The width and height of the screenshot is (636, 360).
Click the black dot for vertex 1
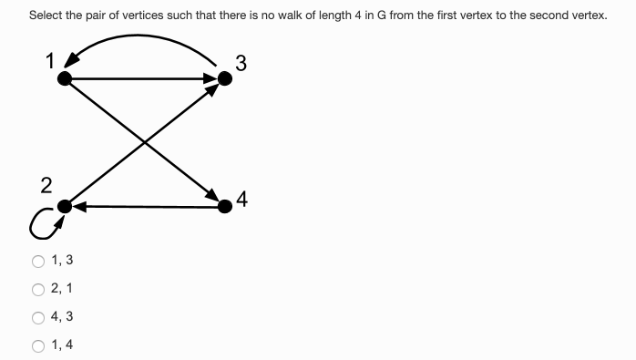pos(64,79)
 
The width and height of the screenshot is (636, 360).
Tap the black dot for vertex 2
pos(64,207)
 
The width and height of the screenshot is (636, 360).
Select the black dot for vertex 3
pos(225,79)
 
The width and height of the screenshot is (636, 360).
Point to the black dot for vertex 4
pos(225,207)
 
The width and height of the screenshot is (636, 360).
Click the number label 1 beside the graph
pos(51,61)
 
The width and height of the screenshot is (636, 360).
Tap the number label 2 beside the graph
pos(46,186)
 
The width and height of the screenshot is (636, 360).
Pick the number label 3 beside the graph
pos(240,63)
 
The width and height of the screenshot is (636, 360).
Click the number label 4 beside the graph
pos(241,198)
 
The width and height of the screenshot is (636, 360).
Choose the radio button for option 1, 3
pos(38,262)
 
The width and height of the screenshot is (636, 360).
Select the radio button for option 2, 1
pos(38,290)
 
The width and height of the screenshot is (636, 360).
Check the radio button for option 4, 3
pos(38,317)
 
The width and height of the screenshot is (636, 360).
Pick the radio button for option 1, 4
pos(38,345)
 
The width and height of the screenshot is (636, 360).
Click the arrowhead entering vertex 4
pos(213,198)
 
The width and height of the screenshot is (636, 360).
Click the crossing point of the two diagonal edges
pos(145,143)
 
